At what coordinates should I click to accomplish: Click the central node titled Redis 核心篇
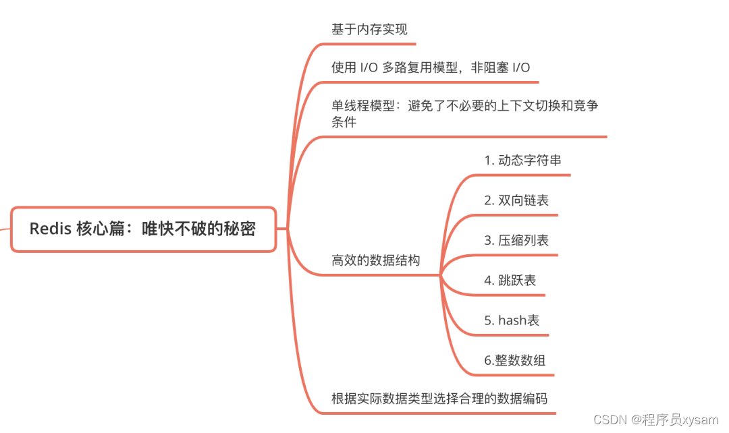pyautogui.click(x=143, y=229)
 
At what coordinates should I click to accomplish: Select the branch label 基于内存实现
pyautogui.click(x=369, y=30)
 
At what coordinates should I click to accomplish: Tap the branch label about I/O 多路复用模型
pyautogui.click(x=431, y=67)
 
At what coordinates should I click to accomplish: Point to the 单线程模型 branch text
pyautogui.click(x=464, y=106)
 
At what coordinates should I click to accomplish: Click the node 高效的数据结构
pyautogui.click(x=375, y=260)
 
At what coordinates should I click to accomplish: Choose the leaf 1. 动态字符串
pyautogui.click(x=522, y=161)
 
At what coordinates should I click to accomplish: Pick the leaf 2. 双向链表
pyautogui.click(x=516, y=200)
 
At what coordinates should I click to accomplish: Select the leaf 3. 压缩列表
pyautogui.click(x=516, y=240)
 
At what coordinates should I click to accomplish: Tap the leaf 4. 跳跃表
pyautogui.click(x=510, y=281)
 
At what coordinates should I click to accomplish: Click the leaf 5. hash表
pyautogui.click(x=512, y=320)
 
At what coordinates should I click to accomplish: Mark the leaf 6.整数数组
pyautogui.click(x=514, y=360)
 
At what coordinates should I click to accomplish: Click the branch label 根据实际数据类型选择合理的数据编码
pyautogui.click(x=439, y=399)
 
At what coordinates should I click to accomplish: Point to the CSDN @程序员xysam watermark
pyautogui.click(x=655, y=420)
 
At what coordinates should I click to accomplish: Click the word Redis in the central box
pyautogui.click(x=50, y=229)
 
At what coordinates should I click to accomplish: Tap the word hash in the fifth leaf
pyautogui.click(x=512, y=320)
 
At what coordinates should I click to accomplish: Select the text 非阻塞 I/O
pyautogui.click(x=500, y=67)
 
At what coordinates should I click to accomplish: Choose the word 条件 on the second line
pyautogui.click(x=344, y=123)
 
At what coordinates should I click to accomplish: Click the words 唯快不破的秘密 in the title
pyautogui.click(x=198, y=229)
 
